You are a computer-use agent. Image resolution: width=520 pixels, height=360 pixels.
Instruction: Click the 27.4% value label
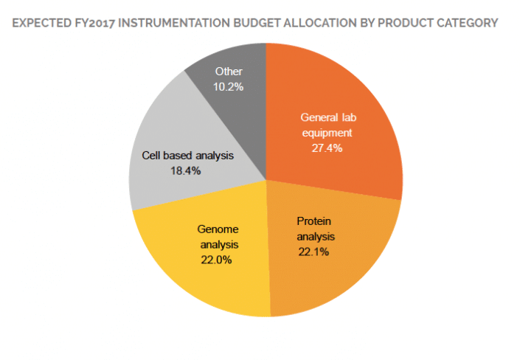pyautogui.click(x=326, y=148)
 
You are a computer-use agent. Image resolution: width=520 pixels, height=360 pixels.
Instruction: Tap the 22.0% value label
pyautogui.click(x=216, y=260)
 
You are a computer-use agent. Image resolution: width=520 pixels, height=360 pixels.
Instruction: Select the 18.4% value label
pyautogui.click(x=185, y=170)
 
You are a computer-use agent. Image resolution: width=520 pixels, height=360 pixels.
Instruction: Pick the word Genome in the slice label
pyautogui.click(x=216, y=229)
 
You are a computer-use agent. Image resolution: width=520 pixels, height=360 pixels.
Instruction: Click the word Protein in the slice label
pyautogui.click(x=315, y=221)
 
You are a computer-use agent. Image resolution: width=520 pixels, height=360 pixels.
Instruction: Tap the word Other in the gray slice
pyautogui.click(x=229, y=72)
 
